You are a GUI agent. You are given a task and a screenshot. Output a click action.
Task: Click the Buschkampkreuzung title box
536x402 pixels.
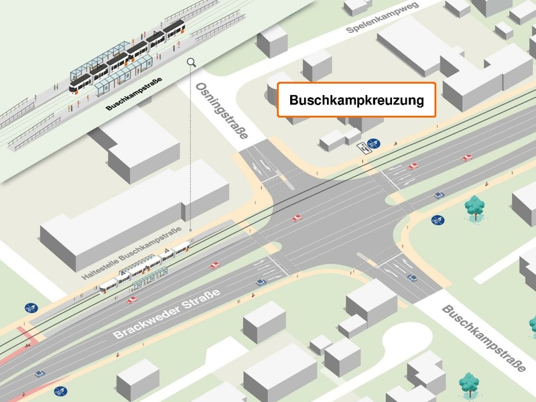(x=356, y=100)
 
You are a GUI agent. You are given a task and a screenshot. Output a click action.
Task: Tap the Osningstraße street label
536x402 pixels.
(x=220, y=111)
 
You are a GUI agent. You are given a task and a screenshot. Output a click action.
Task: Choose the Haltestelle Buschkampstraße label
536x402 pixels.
(x=131, y=255)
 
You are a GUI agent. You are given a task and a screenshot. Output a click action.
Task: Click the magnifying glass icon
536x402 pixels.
(x=192, y=62)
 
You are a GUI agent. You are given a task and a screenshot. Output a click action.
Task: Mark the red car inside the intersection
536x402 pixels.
(x=296, y=218)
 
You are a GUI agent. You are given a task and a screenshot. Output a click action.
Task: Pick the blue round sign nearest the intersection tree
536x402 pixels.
(x=437, y=218)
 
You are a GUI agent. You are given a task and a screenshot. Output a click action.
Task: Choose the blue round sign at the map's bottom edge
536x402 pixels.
(x=60, y=389)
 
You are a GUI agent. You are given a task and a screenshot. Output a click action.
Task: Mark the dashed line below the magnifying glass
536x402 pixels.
(x=192, y=147)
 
